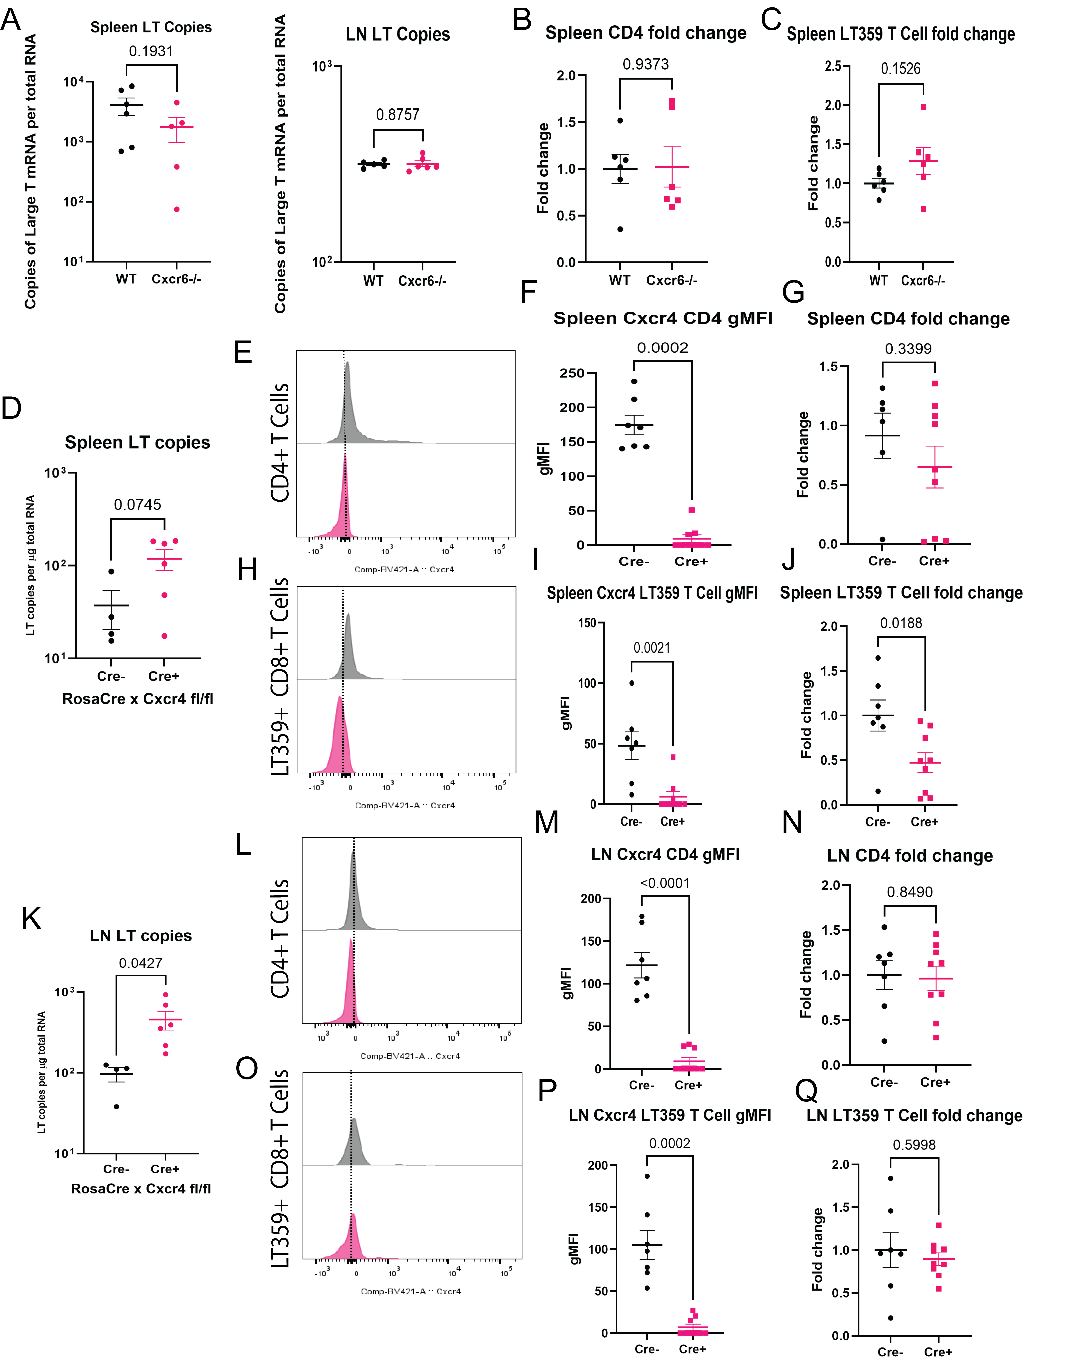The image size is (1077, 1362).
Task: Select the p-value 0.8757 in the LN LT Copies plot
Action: click(x=398, y=115)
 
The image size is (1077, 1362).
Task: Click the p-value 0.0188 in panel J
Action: click(x=901, y=623)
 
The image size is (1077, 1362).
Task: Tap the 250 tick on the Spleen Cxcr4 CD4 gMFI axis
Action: click(x=572, y=373)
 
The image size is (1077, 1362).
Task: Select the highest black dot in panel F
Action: click(x=634, y=381)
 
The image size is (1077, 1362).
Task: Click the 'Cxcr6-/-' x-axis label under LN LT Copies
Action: click(x=422, y=281)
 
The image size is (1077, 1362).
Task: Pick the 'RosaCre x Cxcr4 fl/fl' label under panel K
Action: click(x=141, y=1189)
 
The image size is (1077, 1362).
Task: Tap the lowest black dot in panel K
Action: click(x=117, y=1106)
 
